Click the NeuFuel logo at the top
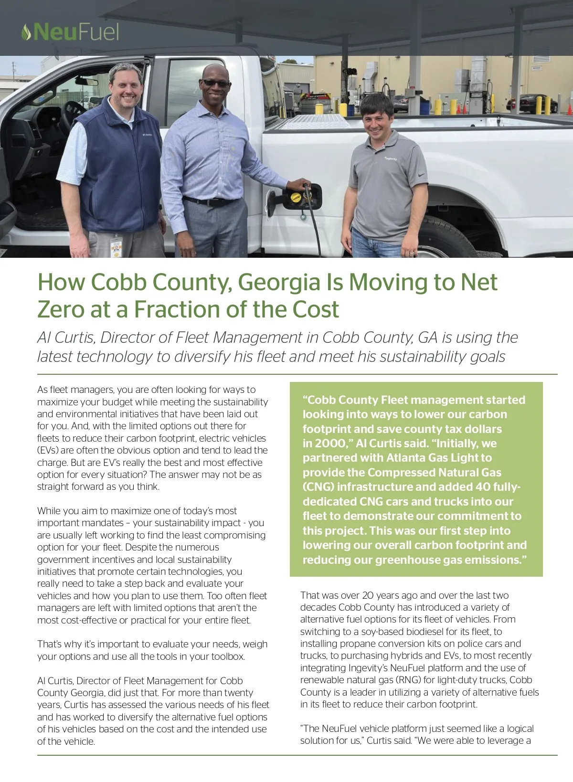coord(70,32)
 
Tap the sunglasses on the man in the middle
coord(216,83)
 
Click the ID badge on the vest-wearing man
coord(116,247)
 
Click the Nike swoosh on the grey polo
coord(422,175)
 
